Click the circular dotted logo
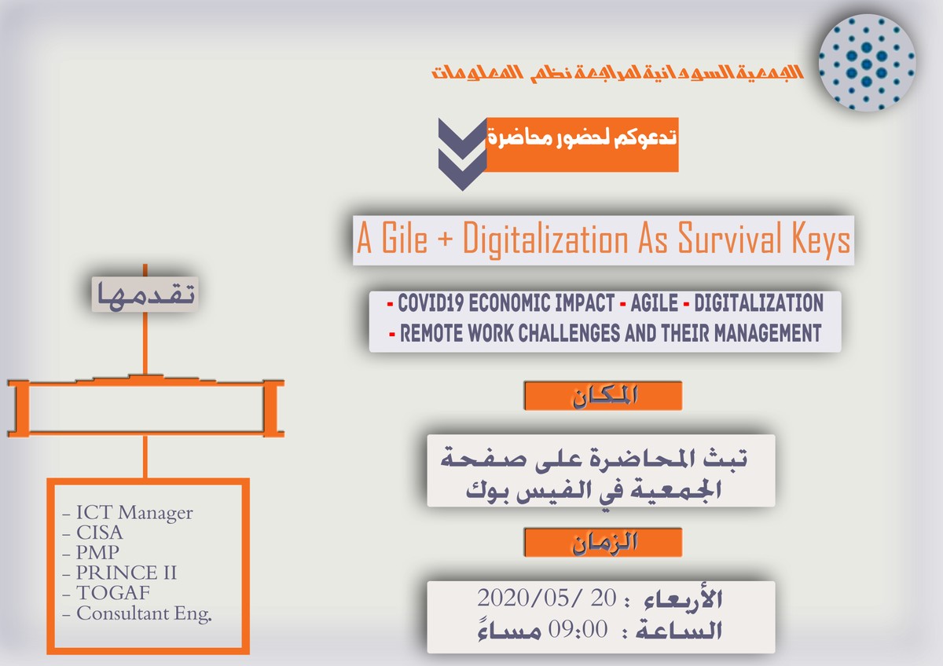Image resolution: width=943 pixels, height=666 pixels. (x=866, y=63)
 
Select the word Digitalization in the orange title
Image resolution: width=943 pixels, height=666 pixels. (x=545, y=240)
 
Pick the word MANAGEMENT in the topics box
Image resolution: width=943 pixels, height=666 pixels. (x=768, y=334)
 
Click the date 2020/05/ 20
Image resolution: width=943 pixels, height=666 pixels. (x=547, y=598)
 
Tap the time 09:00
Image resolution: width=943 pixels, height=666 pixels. (x=578, y=630)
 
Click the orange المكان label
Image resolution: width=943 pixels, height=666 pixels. (x=603, y=396)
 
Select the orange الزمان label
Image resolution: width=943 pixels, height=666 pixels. (x=603, y=543)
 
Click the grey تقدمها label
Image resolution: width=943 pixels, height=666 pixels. (x=145, y=294)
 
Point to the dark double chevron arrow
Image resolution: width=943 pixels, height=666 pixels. (x=462, y=154)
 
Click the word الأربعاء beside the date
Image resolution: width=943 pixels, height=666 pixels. (x=683, y=599)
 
